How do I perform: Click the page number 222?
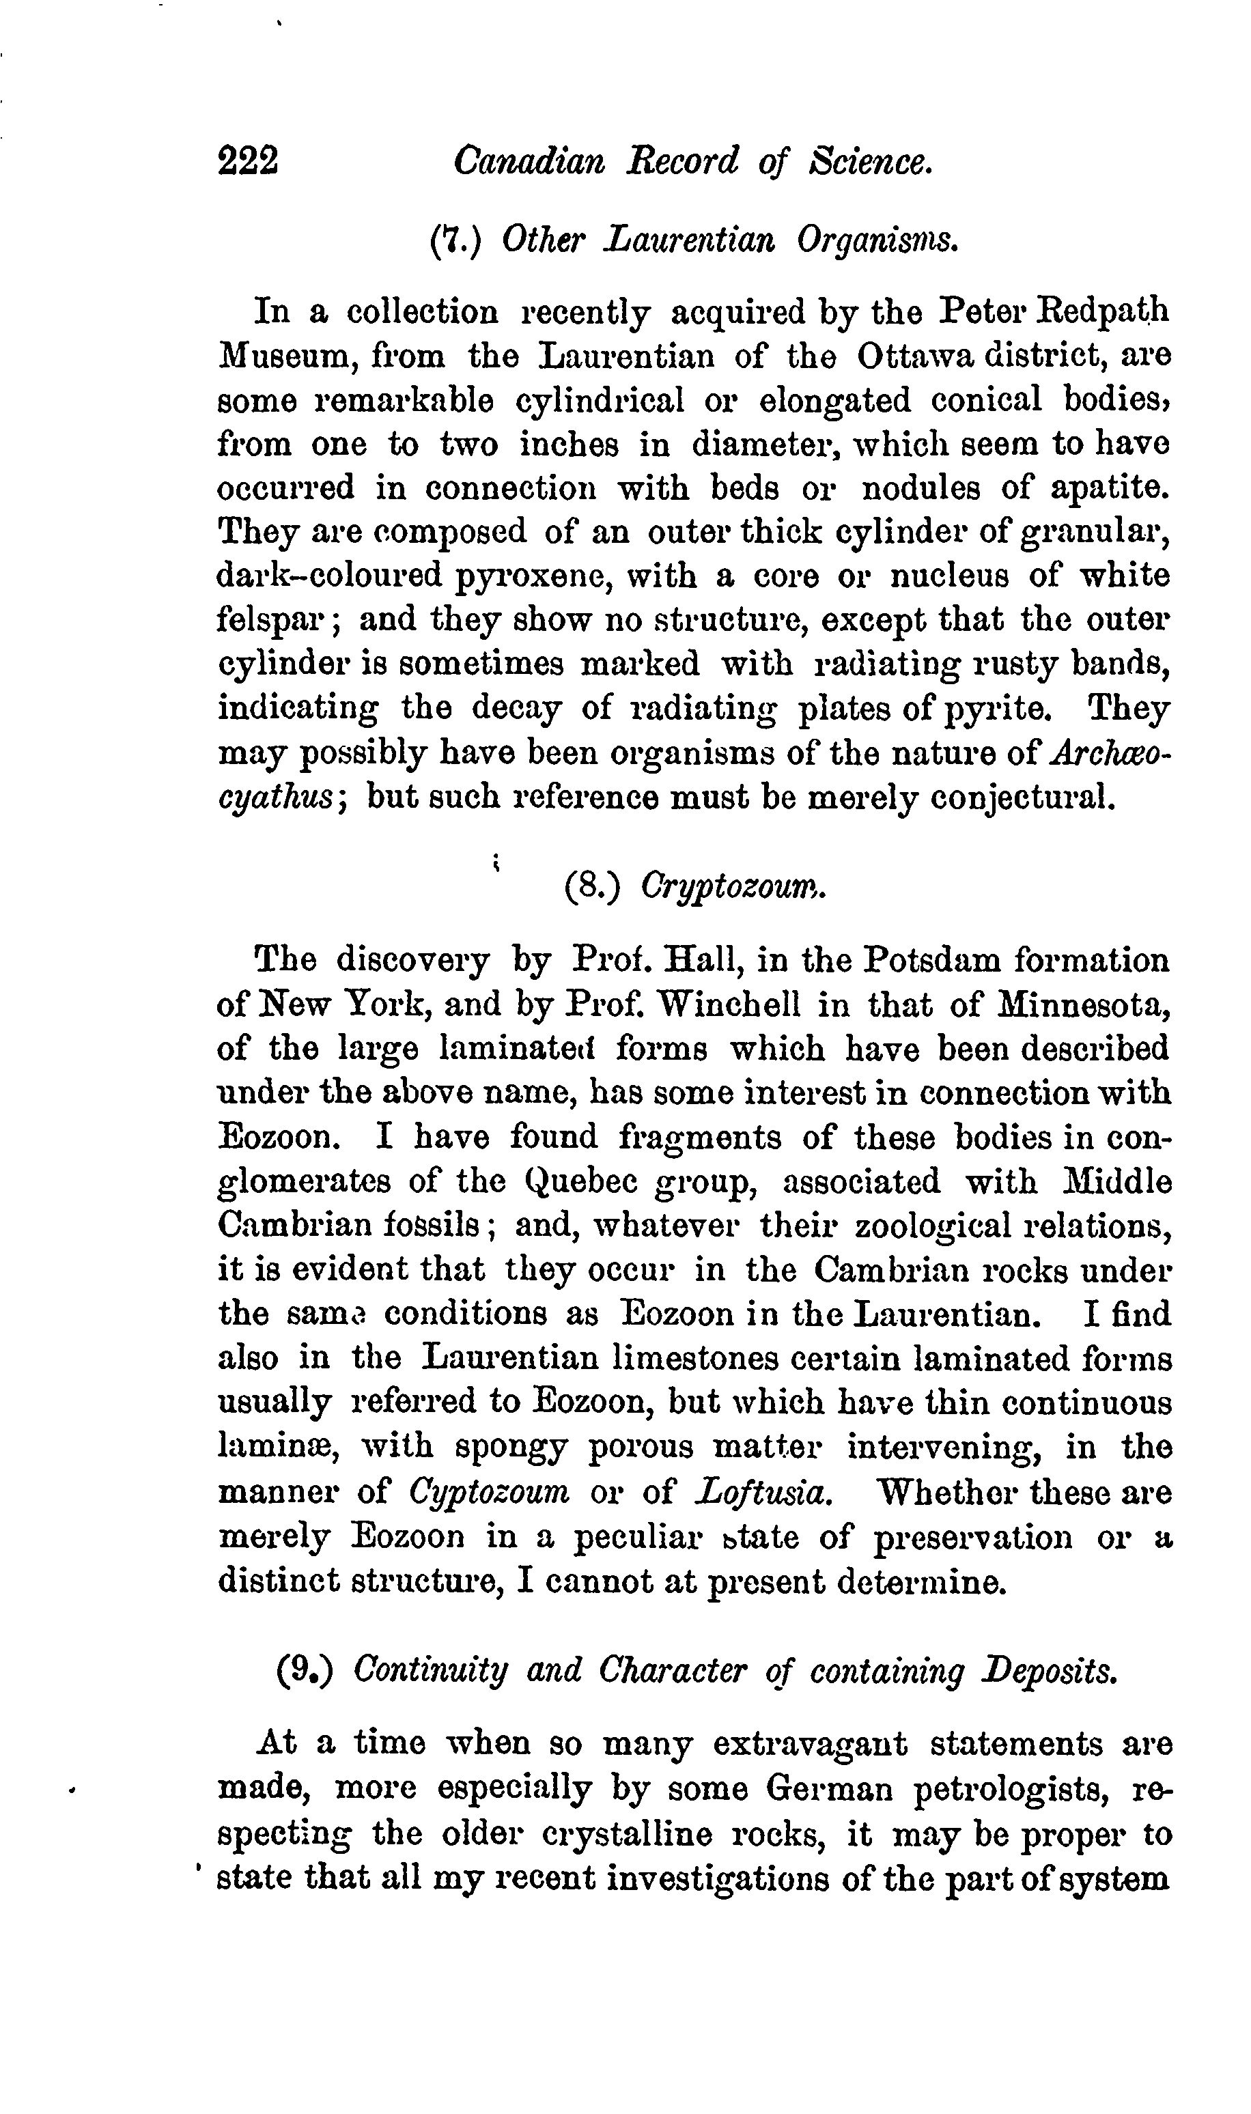[x=248, y=160]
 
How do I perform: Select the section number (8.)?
[x=592, y=887]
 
